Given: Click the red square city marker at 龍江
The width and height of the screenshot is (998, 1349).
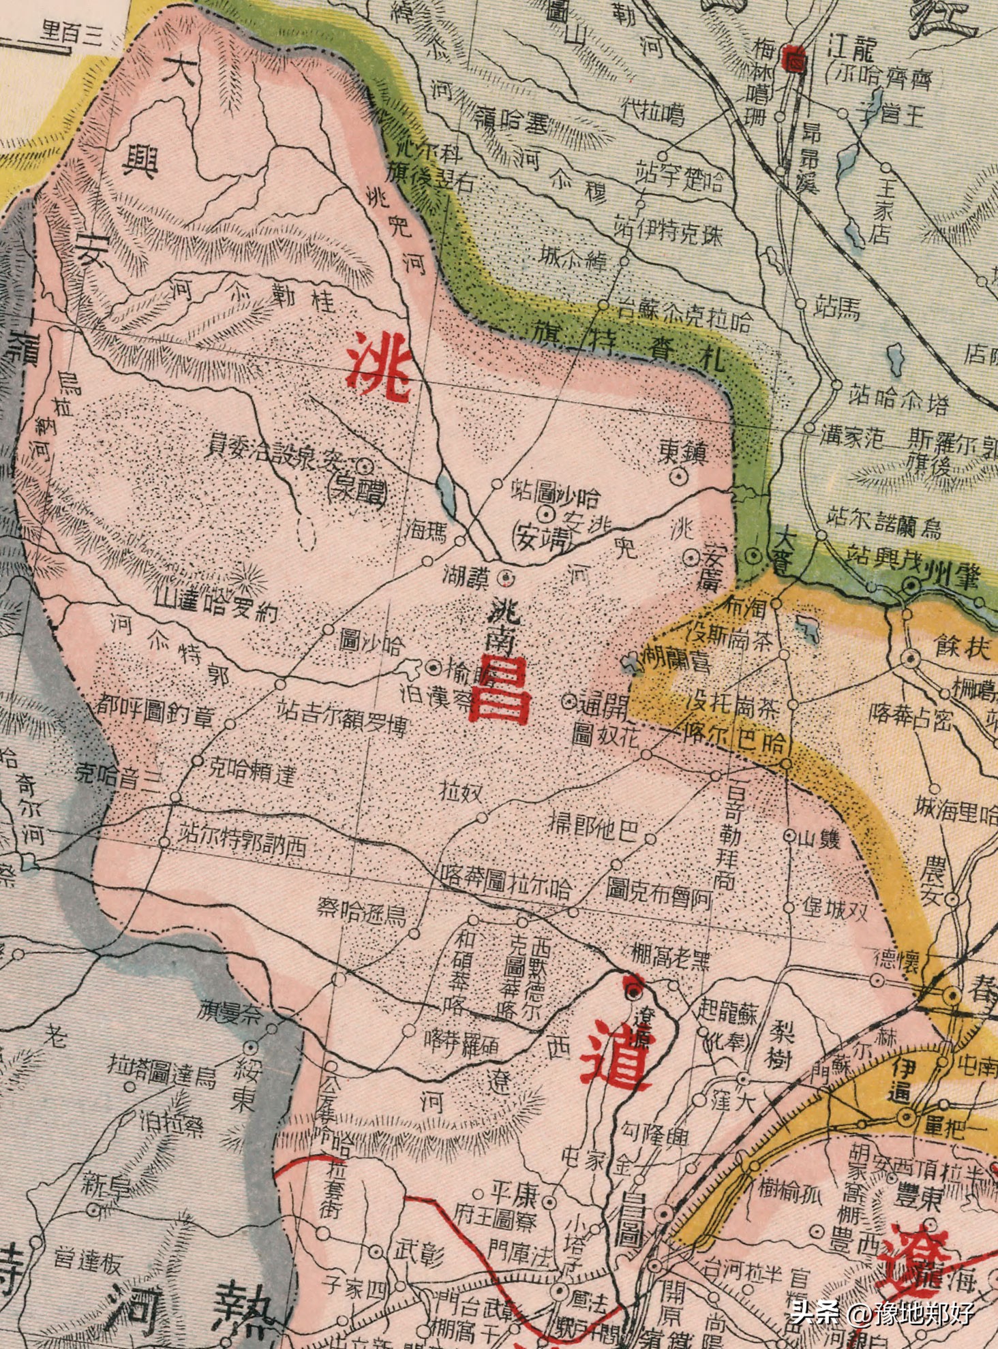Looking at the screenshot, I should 794,59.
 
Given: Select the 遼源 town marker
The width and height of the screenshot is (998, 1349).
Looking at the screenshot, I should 635,989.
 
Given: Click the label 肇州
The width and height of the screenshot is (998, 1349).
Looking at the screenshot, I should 952,578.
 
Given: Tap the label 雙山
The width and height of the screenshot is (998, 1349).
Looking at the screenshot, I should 819,839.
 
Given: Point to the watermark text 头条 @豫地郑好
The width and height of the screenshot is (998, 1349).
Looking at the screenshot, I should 882,1312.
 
